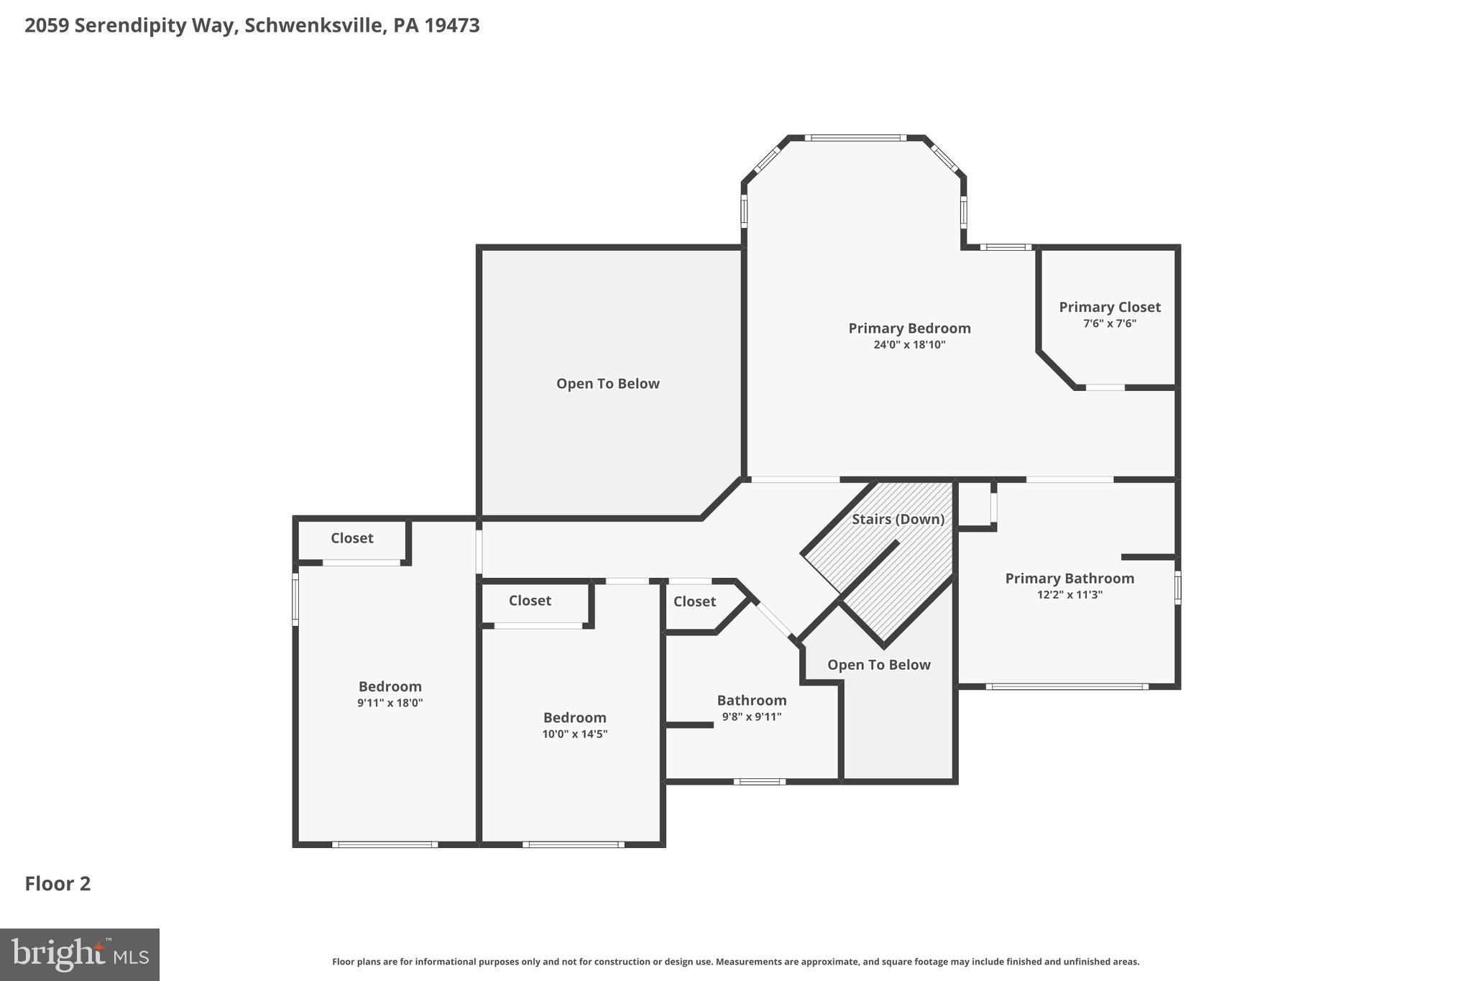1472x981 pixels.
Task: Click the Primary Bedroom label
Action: click(908, 328)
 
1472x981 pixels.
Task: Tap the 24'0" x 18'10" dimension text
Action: click(908, 345)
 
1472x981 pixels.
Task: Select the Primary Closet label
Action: click(1109, 308)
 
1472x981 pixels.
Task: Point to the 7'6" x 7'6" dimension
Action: click(1109, 324)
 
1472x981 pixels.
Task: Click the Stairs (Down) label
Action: click(898, 519)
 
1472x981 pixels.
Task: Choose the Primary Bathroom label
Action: click(1069, 579)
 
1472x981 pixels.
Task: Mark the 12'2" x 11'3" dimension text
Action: click(1069, 595)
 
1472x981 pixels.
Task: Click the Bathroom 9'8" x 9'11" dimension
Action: click(751, 717)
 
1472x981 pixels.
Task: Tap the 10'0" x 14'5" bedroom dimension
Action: click(574, 734)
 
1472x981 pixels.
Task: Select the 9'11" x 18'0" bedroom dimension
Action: click(390, 704)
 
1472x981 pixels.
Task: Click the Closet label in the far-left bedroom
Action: click(351, 538)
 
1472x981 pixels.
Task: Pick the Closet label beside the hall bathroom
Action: click(694, 602)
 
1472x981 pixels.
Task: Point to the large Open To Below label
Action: click(607, 384)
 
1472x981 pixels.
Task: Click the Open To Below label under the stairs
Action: click(878, 665)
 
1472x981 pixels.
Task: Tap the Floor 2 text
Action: click(57, 884)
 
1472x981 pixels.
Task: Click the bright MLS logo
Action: click(80, 955)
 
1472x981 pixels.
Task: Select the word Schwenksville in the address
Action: click(313, 26)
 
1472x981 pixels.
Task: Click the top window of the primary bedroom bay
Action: click(855, 137)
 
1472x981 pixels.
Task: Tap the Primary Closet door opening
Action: click(1105, 388)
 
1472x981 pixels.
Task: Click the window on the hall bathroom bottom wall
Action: click(760, 781)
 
